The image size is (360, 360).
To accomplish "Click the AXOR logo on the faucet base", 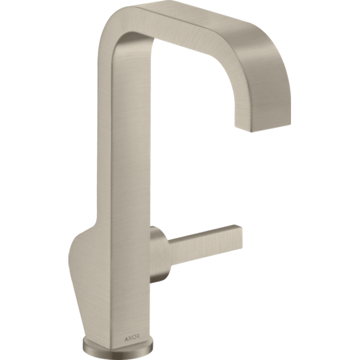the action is click(132, 337).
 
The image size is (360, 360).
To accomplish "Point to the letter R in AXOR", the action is click(138, 336).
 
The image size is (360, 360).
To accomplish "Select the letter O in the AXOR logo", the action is click(134, 337).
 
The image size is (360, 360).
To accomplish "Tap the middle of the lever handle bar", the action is click(205, 245).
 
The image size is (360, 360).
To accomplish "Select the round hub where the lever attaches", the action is click(159, 254).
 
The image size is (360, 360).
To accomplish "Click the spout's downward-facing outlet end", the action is click(263, 125).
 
